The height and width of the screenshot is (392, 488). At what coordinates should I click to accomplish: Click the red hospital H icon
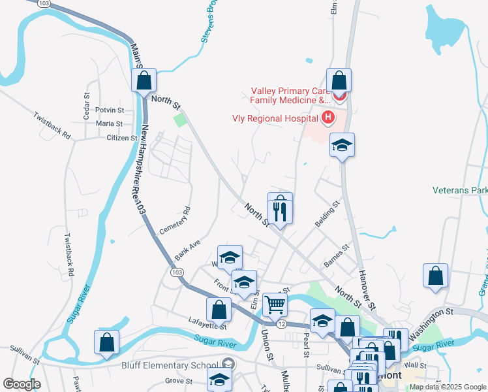click(x=328, y=118)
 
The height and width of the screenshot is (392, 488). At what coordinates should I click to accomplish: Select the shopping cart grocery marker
click(x=275, y=304)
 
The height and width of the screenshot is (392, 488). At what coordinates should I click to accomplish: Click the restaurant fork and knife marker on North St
click(x=280, y=210)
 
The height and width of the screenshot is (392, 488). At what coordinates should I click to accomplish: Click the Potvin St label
click(x=110, y=110)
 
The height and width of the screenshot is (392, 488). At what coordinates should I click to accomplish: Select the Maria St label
click(x=109, y=123)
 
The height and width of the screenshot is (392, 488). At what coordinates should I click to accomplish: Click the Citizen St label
click(x=122, y=138)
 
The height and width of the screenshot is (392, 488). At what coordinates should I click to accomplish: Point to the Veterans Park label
click(x=460, y=190)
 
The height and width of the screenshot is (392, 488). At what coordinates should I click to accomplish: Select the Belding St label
click(x=328, y=214)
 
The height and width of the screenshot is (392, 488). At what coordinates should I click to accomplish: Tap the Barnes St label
click(x=337, y=256)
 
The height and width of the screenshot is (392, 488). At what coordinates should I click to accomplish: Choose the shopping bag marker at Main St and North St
click(x=144, y=82)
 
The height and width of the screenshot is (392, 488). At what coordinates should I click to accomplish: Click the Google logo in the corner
click(x=22, y=384)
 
